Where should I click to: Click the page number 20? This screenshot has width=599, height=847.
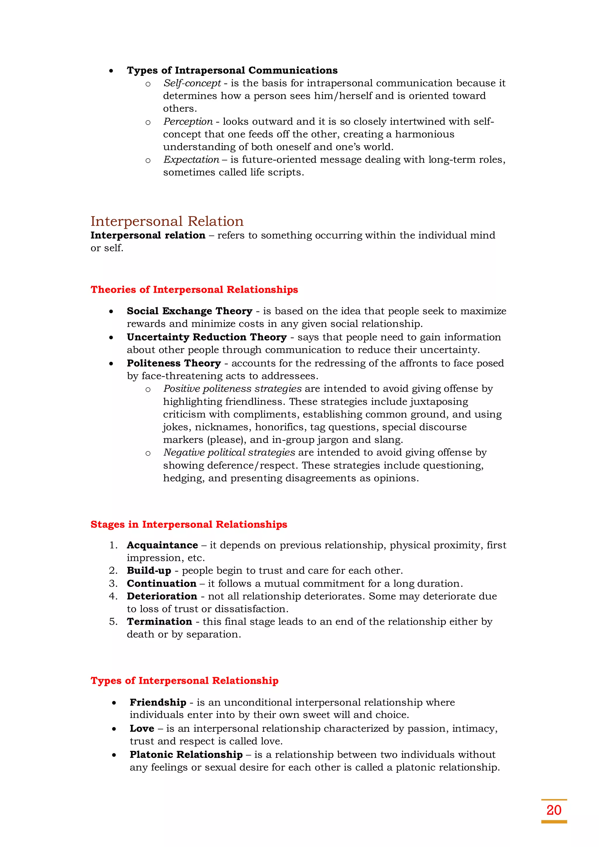coord(554,810)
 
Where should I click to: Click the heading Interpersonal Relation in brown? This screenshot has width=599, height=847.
coord(167,221)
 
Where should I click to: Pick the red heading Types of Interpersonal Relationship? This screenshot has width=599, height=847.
coord(185,681)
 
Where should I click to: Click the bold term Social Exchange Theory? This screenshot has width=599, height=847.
coord(190,311)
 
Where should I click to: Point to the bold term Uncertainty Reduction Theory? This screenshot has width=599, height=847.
coord(206,337)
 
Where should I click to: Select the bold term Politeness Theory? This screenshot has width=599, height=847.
coord(174,363)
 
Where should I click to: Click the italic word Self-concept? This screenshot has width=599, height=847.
coord(192,83)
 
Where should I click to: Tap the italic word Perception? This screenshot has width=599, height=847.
coord(188,121)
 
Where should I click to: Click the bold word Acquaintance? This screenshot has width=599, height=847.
coord(162,545)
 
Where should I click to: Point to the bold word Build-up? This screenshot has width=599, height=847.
coord(149,571)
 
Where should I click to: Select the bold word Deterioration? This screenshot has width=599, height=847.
coord(162,596)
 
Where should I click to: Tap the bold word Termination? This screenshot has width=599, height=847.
coord(159,622)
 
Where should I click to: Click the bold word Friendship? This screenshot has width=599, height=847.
coord(158,702)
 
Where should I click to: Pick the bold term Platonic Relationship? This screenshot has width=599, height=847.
coord(186,755)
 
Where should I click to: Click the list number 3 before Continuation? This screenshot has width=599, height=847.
coord(113,584)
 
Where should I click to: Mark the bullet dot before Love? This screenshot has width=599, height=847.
coord(114,729)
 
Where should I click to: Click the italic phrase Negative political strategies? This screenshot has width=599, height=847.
coord(229,453)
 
